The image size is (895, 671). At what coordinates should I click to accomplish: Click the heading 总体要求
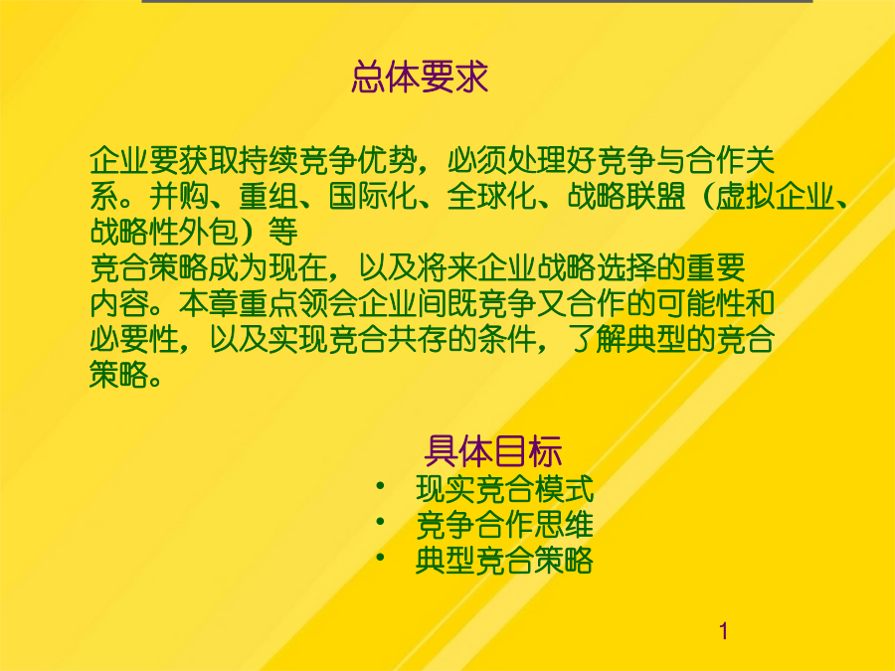[x=420, y=77]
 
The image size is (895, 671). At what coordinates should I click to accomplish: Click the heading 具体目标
[x=493, y=451]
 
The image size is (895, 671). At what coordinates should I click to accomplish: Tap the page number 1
[x=724, y=631]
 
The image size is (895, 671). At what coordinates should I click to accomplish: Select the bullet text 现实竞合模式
[x=504, y=488]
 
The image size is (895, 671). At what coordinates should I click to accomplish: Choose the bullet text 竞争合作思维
[x=504, y=524]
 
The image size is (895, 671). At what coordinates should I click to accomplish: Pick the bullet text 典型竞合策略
[x=504, y=561]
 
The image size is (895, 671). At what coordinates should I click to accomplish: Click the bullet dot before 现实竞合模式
[x=380, y=486]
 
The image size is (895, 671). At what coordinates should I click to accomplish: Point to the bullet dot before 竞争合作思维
[x=380, y=522]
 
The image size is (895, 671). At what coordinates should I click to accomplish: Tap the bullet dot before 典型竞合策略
[x=380, y=558]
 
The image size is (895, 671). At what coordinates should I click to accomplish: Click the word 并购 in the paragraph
[x=179, y=196]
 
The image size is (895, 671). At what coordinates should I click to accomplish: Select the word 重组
[x=268, y=196]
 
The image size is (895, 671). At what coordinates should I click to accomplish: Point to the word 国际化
[x=373, y=196]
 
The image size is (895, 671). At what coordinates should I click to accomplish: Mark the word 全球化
[x=491, y=196]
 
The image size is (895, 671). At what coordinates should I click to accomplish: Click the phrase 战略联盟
[x=626, y=196]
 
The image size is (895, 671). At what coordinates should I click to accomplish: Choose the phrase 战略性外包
[x=164, y=232]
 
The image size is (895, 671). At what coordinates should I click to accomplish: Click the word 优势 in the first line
[x=387, y=160]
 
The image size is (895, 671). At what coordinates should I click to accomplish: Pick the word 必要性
[x=134, y=340]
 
